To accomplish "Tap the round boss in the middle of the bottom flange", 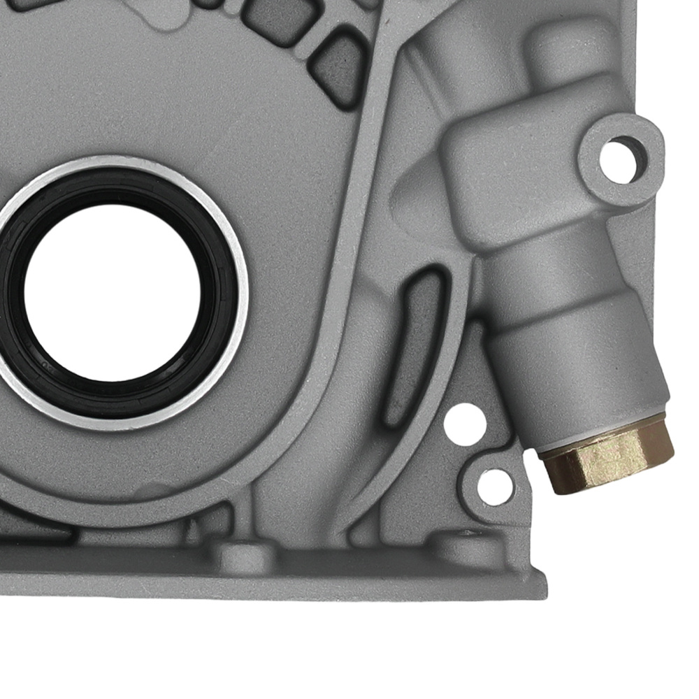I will click(238, 556).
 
